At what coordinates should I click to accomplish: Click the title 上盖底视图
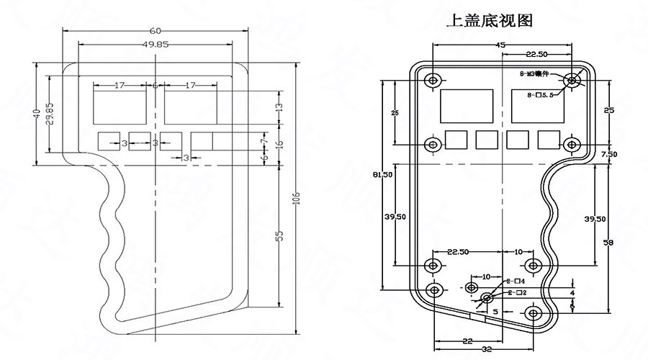click(x=490, y=20)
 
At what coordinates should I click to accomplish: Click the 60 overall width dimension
click(x=155, y=30)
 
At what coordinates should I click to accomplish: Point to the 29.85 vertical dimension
click(x=49, y=113)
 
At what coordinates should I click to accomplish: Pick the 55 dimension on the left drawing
click(x=279, y=235)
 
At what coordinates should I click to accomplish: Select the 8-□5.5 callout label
click(x=539, y=95)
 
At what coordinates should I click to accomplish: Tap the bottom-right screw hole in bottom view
click(x=534, y=313)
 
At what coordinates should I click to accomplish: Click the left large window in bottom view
click(x=466, y=106)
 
